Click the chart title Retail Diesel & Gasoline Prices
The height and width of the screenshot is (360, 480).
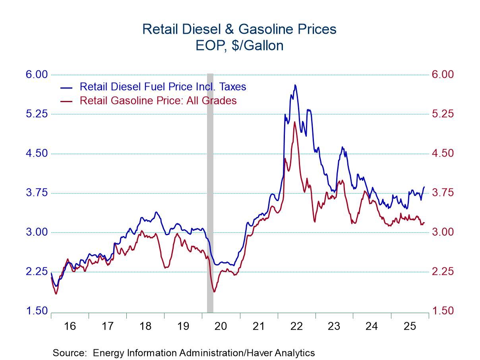point(239,29)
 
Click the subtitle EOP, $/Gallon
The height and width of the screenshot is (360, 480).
point(239,46)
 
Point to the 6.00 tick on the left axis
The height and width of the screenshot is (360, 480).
point(37,75)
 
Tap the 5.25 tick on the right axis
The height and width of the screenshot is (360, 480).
point(442,114)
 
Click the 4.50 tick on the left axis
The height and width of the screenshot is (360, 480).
point(37,153)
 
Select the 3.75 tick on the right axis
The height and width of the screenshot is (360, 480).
point(442,193)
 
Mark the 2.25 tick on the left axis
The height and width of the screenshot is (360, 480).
point(37,272)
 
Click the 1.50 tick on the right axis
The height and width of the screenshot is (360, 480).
point(442,311)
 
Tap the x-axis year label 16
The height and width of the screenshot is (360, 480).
point(70,326)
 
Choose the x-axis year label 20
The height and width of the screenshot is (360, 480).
point(221,326)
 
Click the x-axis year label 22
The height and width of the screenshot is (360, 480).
point(296,326)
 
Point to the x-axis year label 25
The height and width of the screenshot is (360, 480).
point(409,326)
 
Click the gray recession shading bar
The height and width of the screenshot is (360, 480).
point(210,191)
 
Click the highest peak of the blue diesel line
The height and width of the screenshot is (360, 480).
point(295,85)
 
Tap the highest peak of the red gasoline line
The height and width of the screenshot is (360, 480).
point(294,122)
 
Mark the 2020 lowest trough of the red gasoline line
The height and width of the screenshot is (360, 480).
point(215,292)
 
